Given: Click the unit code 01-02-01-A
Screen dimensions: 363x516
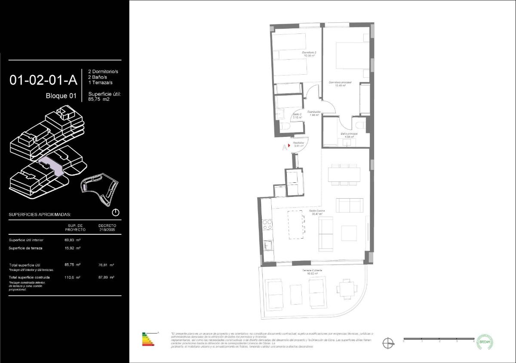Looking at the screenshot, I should click(x=43, y=80).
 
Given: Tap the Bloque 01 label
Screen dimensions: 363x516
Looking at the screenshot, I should click(x=61, y=96).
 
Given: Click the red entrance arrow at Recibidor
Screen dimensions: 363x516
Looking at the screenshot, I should click(x=289, y=145).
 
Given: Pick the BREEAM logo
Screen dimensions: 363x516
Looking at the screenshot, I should click(x=485, y=342).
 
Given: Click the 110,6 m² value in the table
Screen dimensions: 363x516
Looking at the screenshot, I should click(x=75, y=278).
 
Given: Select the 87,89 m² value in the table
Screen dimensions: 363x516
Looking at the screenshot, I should click(x=106, y=278).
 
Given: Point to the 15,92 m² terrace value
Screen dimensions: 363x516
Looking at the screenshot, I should click(x=75, y=248).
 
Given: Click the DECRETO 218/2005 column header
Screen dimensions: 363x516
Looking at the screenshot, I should click(x=107, y=227).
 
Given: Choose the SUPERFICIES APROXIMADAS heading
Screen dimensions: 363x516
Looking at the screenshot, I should click(x=40, y=214).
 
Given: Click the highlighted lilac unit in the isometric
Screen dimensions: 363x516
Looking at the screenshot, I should click(x=51, y=165).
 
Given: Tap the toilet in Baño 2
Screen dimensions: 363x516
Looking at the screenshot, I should click(x=288, y=127).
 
